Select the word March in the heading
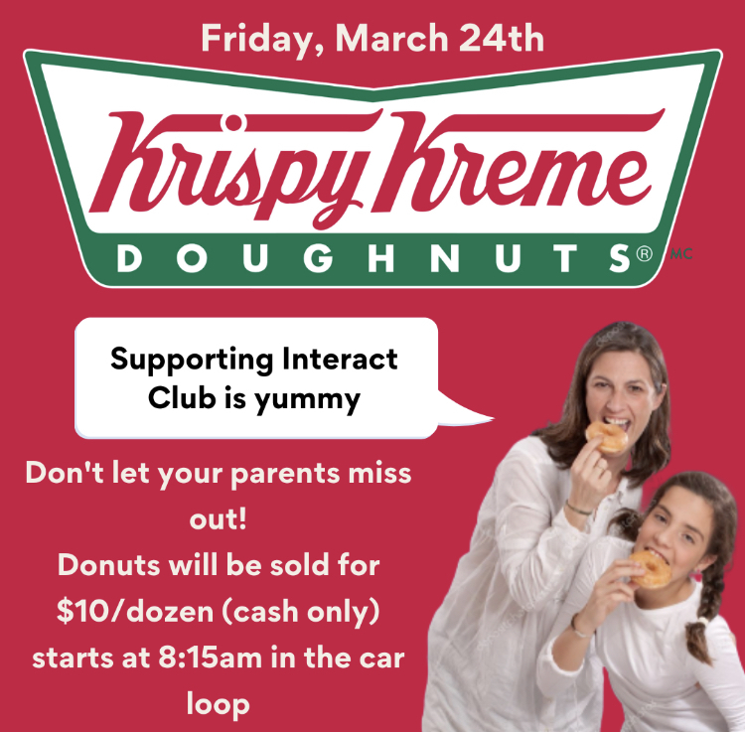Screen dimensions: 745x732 (392, 38)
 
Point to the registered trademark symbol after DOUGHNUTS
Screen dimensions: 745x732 (645, 253)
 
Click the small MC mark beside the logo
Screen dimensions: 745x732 (680, 254)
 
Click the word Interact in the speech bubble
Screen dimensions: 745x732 (340, 359)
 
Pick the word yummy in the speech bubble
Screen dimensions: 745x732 (307, 400)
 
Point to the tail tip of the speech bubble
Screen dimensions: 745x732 (494, 418)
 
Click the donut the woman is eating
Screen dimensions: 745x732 (606, 437)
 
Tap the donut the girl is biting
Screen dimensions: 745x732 (652, 569)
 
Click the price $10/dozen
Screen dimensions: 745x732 (135, 612)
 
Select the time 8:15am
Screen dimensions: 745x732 (210, 658)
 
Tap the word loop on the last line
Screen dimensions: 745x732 (219, 704)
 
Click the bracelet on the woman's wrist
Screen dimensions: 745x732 (578, 509)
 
